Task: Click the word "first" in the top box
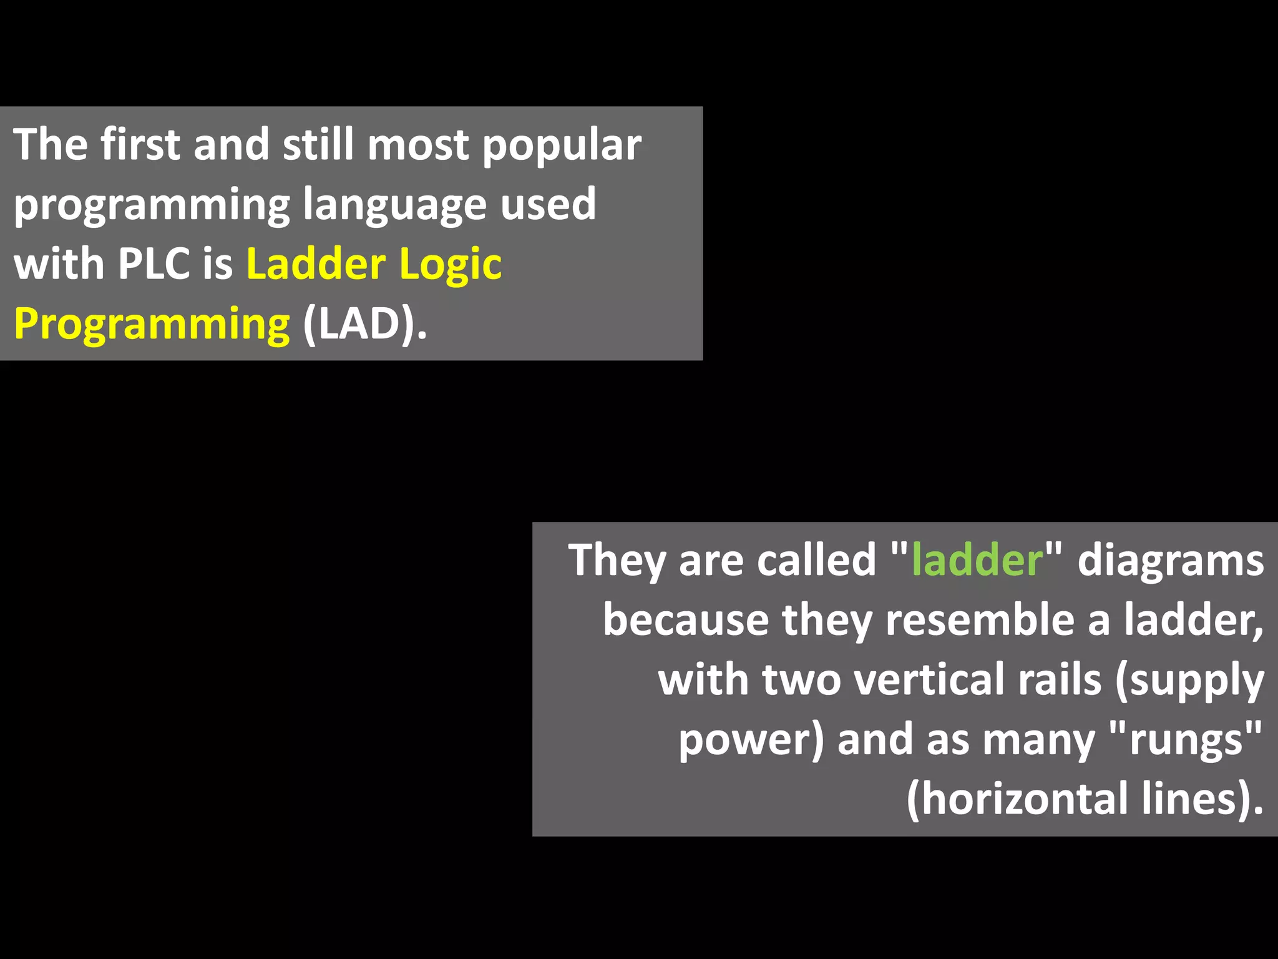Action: click(140, 145)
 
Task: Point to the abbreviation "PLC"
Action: click(154, 264)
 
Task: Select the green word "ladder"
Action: click(977, 560)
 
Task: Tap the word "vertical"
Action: click(929, 679)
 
